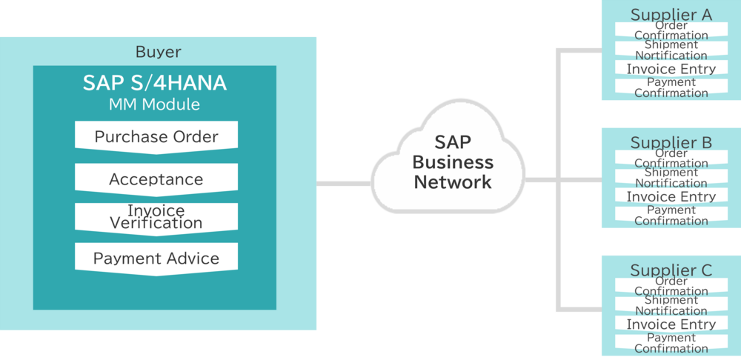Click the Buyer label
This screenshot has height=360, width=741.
[158, 53]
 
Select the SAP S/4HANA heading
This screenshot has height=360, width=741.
[155, 84]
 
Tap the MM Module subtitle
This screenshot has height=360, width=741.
[155, 104]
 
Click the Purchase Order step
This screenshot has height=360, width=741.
[156, 137]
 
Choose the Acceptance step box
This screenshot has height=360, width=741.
[156, 179]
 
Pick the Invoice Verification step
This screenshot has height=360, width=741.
[156, 217]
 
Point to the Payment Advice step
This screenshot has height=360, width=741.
[156, 259]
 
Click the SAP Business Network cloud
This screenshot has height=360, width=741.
[452, 162]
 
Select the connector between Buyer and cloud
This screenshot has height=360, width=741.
[344, 183]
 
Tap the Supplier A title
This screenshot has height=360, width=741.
[671, 14]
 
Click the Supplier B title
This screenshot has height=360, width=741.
[671, 142]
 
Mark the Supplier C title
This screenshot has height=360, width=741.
[671, 270]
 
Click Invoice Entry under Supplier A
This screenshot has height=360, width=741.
[671, 69]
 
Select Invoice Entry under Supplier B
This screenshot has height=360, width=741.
[671, 196]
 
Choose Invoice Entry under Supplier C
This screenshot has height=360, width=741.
[671, 324]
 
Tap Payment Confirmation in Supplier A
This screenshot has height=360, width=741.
[671, 88]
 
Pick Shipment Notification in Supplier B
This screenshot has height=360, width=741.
[671, 178]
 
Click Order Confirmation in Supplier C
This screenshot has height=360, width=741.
[671, 287]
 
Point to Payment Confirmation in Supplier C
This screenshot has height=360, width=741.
[671, 343]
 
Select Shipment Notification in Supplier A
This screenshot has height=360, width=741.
[671, 50]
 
